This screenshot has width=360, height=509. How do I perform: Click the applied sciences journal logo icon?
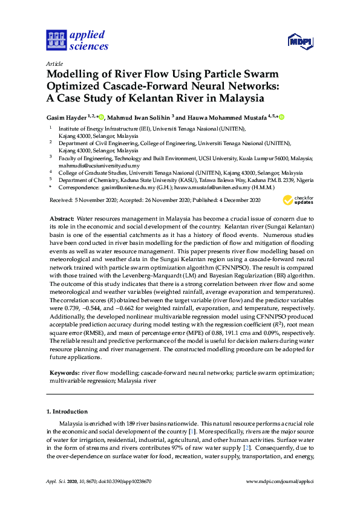(x=56, y=40)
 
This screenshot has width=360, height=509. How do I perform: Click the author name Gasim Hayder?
(x=67, y=117)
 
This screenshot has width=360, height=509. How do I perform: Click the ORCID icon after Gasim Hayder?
(x=101, y=117)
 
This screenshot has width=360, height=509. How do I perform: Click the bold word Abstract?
(x=62, y=217)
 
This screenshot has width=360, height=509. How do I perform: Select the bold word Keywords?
(x=64, y=374)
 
